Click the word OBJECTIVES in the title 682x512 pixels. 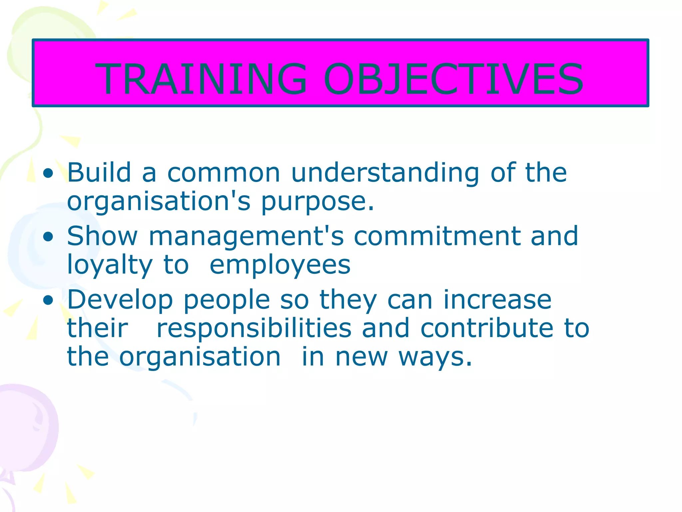[453, 79]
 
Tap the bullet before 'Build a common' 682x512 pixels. [48, 173]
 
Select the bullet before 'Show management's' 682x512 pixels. [48, 237]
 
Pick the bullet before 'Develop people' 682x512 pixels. [48, 300]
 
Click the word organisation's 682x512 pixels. [159, 202]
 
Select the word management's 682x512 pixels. [246, 237]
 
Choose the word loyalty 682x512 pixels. [110, 265]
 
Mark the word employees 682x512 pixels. [280, 265]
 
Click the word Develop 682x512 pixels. [120, 300]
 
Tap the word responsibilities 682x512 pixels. [254, 328]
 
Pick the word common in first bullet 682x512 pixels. [223, 173]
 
